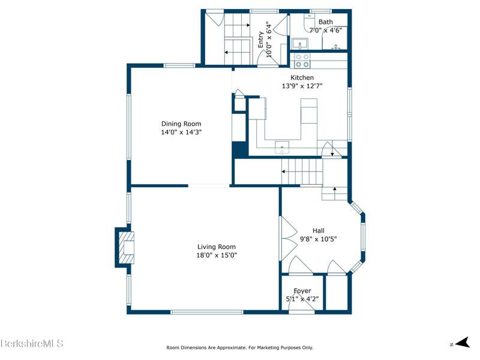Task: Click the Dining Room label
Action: coord(181,124)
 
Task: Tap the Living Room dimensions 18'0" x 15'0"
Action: coord(217,255)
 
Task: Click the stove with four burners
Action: coord(302,61)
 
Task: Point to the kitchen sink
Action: coord(282,148)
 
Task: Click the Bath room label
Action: coord(326,22)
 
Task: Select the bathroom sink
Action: coord(298,44)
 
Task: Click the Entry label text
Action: coord(260,40)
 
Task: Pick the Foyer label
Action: coord(302,291)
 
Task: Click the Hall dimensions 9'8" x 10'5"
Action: coord(319,239)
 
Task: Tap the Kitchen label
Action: coord(302,77)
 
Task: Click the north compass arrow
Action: coord(463,343)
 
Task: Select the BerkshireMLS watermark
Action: coord(32,343)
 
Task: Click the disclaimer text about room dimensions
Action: coord(239,347)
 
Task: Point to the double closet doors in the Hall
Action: coord(289,239)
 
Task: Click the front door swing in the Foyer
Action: coord(302,303)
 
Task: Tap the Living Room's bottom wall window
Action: coord(206,312)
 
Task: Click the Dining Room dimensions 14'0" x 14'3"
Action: coord(182,132)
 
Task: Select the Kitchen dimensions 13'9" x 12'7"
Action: coord(302,86)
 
